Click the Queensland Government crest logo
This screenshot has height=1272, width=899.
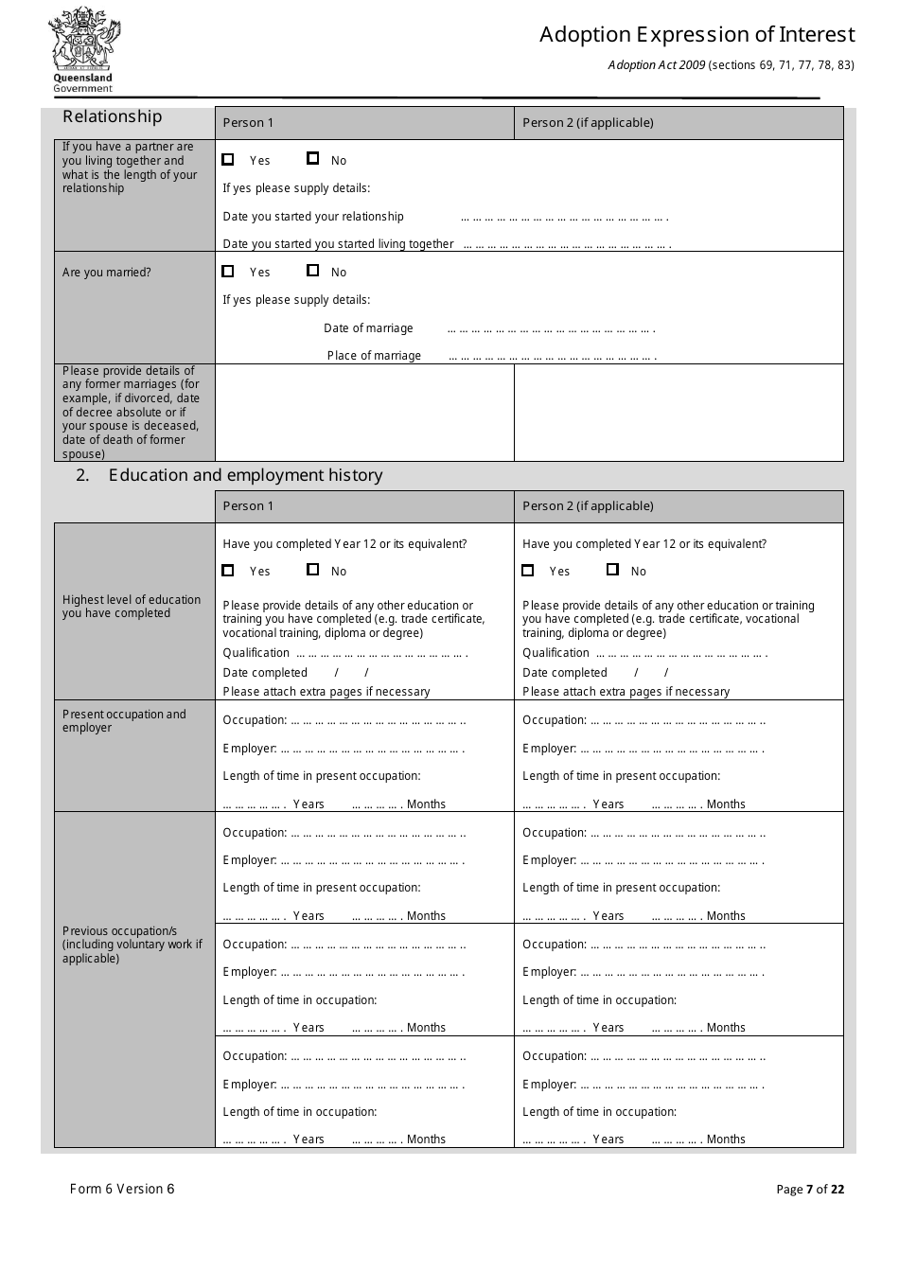pyautogui.click(x=83, y=49)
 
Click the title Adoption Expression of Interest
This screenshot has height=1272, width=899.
pyautogui.click(x=696, y=35)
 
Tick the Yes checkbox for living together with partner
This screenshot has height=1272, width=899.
pyautogui.click(x=228, y=159)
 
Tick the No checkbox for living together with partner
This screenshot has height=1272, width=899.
pyautogui.click(x=313, y=159)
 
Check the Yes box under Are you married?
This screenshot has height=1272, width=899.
pyautogui.click(x=228, y=271)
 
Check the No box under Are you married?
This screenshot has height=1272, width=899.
pyautogui.click(x=313, y=271)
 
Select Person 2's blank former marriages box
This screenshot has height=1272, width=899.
pyautogui.click(x=679, y=413)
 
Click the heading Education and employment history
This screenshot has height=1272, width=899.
pyautogui.click(x=245, y=475)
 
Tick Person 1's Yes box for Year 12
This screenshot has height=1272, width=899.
pyautogui.click(x=228, y=570)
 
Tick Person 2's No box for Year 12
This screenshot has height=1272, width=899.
pyautogui.click(x=612, y=570)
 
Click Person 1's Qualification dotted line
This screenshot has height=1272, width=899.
pyautogui.click(x=381, y=654)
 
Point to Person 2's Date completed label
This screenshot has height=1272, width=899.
pyautogui.click(x=565, y=673)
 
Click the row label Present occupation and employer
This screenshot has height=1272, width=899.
pyautogui.click(x=124, y=721)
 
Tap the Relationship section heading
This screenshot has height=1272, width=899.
pyautogui.click(x=113, y=116)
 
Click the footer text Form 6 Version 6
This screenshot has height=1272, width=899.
pyautogui.click(x=122, y=1189)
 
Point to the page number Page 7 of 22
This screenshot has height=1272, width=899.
pyautogui.click(x=810, y=1190)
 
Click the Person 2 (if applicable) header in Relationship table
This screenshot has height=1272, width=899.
pyautogui.click(x=588, y=123)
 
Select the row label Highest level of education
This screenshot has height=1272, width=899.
pyautogui.click(x=132, y=607)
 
